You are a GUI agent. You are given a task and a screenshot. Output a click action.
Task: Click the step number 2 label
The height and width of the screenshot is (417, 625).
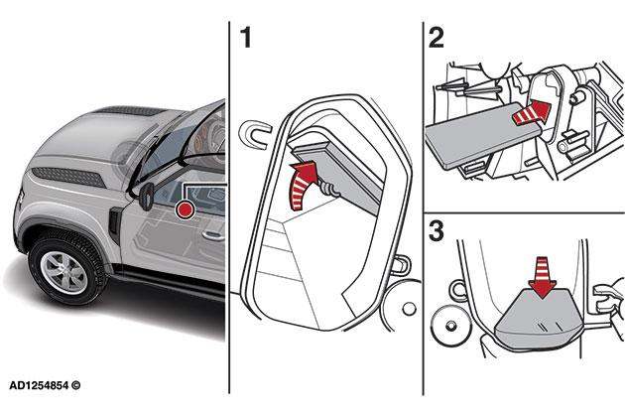click(435, 39)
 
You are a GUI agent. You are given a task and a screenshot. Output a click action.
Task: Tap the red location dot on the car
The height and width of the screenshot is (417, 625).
click(185, 209)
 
